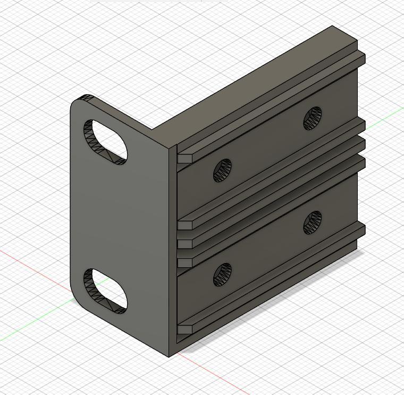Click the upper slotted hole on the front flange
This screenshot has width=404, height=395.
105,142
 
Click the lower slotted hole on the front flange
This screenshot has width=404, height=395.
105,291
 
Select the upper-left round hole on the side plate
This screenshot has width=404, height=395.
223,170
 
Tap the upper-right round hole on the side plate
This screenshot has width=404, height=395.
313,118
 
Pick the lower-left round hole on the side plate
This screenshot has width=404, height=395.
223,274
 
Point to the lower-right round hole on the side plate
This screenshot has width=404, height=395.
313,222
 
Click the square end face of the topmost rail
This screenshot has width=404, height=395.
184,158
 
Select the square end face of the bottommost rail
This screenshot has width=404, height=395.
184,330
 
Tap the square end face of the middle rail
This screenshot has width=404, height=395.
184,244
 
